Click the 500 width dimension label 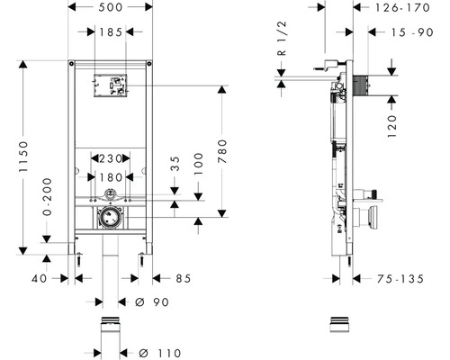click(111, 7)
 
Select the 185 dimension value click(111, 31)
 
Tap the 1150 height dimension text click(23, 157)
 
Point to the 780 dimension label click(222, 151)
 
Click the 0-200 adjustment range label click(47, 197)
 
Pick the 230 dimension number click(111, 158)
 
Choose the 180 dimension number click(111, 177)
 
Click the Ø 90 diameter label click(152, 302)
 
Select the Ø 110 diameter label click(160, 353)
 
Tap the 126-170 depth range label click(402, 8)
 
